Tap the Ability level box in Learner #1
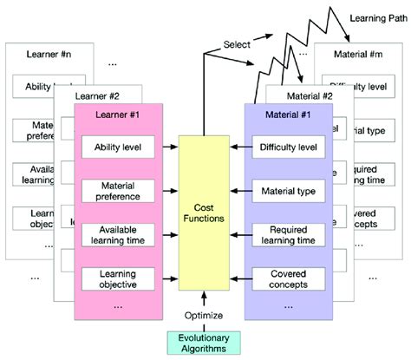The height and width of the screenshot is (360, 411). pyautogui.click(x=118, y=146)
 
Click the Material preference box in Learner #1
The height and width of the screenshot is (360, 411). pyautogui.click(x=118, y=190)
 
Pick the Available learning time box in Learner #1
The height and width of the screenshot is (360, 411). pyautogui.click(x=118, y=234)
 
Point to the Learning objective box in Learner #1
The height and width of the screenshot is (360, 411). pyautogui.click(x=118, y=278)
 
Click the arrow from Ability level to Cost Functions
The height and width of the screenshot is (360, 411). pyautogui.click(x=169, y=146)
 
